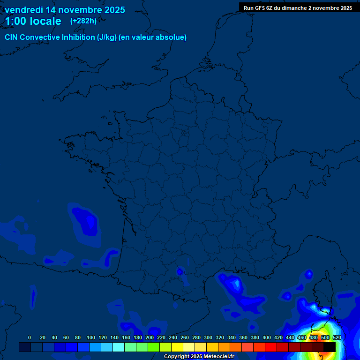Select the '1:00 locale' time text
pyautogui.click(x=33, y=21)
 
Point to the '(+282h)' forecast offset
pyautogui.click(x=83, y=21)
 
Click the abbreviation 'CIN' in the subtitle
pyautogui.click(x=12, y=37)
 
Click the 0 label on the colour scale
pyautogui.click(x=30, y=337)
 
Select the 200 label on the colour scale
pyautogui.click(x=150, y=337)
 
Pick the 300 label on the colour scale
pyautogui.click(x=208, y=337)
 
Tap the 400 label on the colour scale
pyautogui.click(x=267, y=337)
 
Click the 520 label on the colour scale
pyautogui.click(x=336, y=337)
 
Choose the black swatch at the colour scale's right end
pyautogui.click(x=330, y=347)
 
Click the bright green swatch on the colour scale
pyautogui.click(x=154, y=347)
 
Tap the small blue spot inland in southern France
pyautogui.click(x=180, y=271)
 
